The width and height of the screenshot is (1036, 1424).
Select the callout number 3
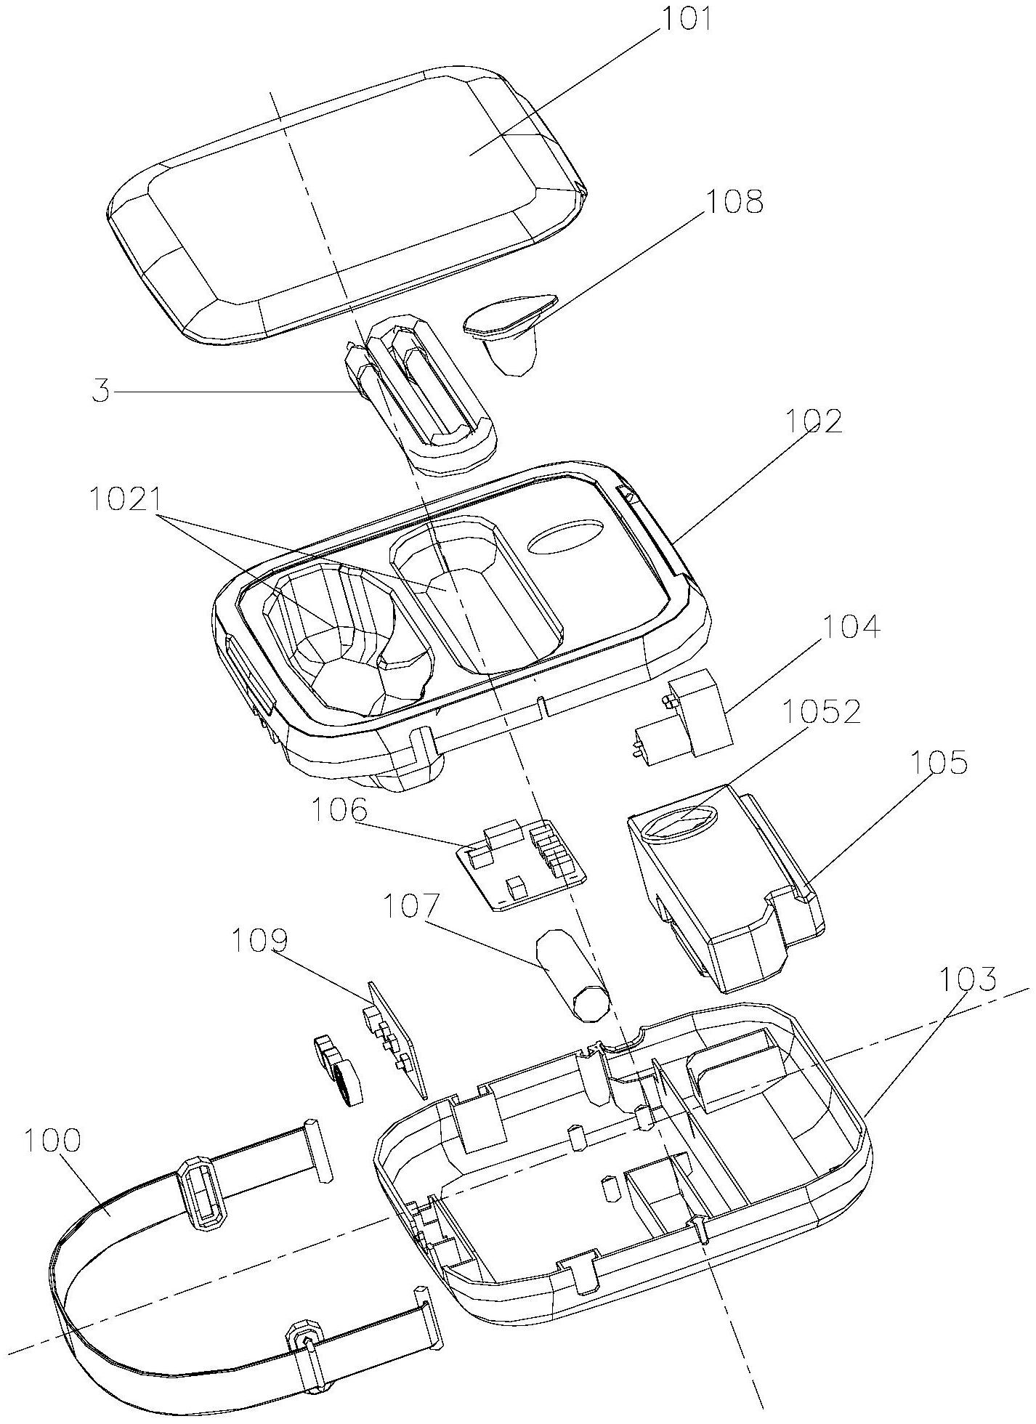101,393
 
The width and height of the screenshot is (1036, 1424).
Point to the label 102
813,422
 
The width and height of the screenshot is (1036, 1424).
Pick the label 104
851,626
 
